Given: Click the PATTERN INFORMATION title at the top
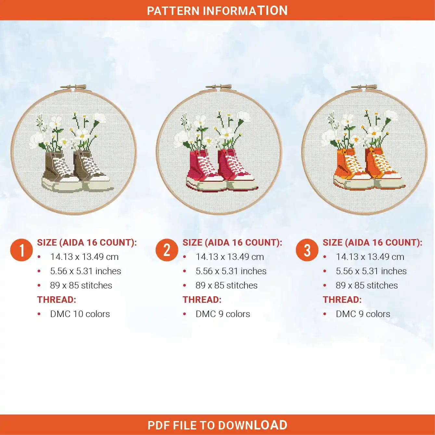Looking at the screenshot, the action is pyautogui.click(x=217, y=11).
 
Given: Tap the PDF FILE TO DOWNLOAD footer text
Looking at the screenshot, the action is pyautogui.click(x=217, y=425).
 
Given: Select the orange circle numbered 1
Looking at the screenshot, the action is pyautogui.click(x=21, y=250).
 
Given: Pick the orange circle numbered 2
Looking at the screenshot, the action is pyautogui.click(x=167, y=250).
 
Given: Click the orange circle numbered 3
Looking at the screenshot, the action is pyautogui.click(x=307, y=250).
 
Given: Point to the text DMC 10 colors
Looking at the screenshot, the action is pyautogui.click(x=80, y=314).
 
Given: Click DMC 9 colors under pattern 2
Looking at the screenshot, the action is pyautogui.click(x=223, y=314).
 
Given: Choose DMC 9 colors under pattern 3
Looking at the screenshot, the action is pyautogui.click(x=363, y=314).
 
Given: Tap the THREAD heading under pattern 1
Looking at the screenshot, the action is pyautogui.click(x=57, y=300).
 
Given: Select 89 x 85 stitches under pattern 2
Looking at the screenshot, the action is pyautogui.click(x=226, y=285).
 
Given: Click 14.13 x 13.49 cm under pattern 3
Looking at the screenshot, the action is pyautogui.click(x=370, y=257).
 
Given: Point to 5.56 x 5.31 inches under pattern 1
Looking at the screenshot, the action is pyautogui.click(x=85, y=271).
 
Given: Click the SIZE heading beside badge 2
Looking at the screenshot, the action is pyautogui.click(x=232, y=242).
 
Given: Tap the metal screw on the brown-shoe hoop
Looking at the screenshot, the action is pyautogui.click(x=73, y=87).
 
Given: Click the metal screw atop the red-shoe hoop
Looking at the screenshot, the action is pyautogui.click(x=219, y=87).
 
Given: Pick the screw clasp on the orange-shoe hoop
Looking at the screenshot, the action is pyautogui.click(x=364, y=87).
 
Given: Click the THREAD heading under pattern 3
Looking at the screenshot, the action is pyautogui.click(x=342, y=300).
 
